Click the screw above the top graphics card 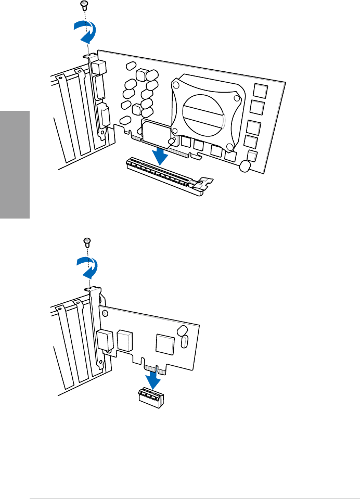[x=83, y=5]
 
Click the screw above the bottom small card [x=87, y=241]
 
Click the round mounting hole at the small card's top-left [x=106, y=314]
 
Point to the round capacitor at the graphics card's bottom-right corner [x=246, y=165]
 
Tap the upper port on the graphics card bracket [x=99, y=67]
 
